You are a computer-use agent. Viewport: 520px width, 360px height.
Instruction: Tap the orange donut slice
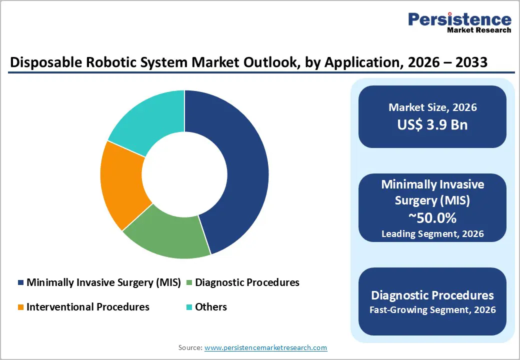[x=122, y=185]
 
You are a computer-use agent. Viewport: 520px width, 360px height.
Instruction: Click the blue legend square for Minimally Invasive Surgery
[x=20, y=283]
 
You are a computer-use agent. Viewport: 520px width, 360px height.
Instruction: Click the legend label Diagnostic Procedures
[x=247, y=282]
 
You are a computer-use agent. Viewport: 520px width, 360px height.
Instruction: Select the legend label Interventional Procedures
[x=88, y=307]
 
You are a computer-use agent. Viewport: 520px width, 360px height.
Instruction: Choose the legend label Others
[x=211, y=307]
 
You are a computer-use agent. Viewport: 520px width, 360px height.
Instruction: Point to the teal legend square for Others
[x=189, y=307]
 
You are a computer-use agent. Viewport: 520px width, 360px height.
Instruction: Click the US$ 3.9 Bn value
[x=432, y=124]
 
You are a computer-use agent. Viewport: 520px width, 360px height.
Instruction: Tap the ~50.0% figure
[x=432, y=218]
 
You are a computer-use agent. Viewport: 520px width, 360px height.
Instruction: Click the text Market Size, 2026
[x=432, y=107]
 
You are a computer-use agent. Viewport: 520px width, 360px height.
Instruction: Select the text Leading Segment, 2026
[x=432, y=233]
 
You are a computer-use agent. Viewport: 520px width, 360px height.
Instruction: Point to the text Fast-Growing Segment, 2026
[x=432, y=310]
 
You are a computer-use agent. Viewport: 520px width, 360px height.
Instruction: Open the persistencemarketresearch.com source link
[x=265, y=347]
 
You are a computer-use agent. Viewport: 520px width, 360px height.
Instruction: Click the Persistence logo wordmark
[x=459, y=19]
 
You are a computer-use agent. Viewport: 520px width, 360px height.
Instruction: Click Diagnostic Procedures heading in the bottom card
[x=432, y=295]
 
